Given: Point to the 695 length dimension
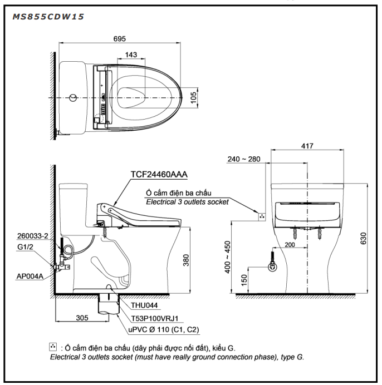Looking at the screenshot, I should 120,39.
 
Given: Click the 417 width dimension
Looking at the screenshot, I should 307,145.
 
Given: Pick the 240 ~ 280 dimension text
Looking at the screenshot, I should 244,159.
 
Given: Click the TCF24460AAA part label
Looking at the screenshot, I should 159,174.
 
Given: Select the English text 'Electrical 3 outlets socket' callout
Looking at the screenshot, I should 184,202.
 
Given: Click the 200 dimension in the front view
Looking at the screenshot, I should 289,244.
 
